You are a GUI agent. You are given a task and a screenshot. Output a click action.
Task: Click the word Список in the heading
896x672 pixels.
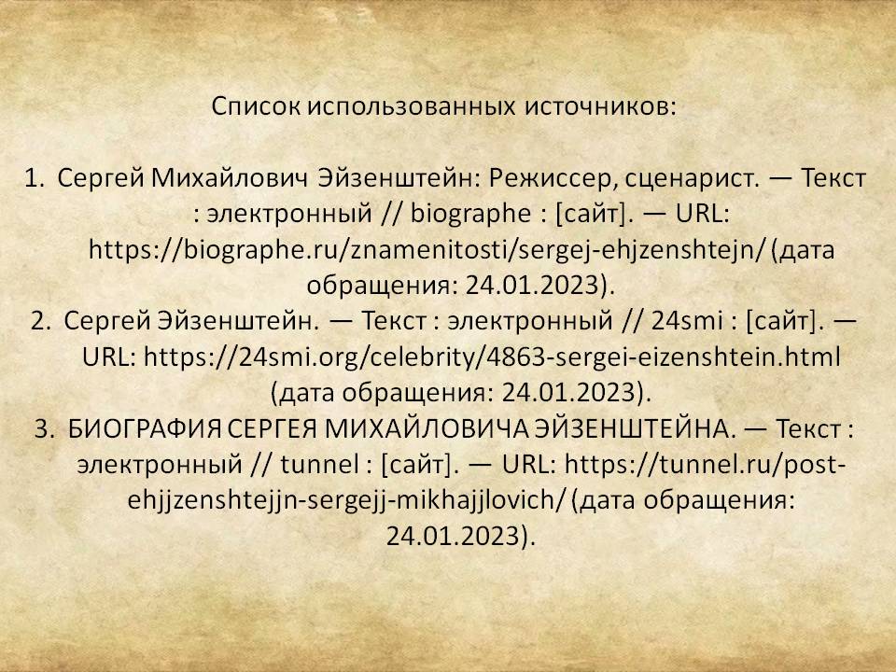click(x=256, y=106)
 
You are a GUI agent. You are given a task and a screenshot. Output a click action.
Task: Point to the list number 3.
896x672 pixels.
click(x=44, y=428)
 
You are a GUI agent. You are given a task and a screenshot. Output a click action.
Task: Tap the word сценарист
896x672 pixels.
click(x=693, y=179)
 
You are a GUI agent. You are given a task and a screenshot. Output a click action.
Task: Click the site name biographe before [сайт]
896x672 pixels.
click(x=470, y=215)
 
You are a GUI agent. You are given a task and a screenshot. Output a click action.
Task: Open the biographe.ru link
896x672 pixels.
click(x=427, y=250)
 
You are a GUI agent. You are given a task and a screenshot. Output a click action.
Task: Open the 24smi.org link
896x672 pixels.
click(x=492, y=357)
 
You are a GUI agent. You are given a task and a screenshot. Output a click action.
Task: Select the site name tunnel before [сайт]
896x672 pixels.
click(x=320, y=464)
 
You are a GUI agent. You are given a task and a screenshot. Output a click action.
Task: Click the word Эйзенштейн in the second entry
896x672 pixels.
click(x=238, y=320)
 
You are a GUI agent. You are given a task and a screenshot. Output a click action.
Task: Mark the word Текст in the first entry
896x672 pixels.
click(x=833, y=178)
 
